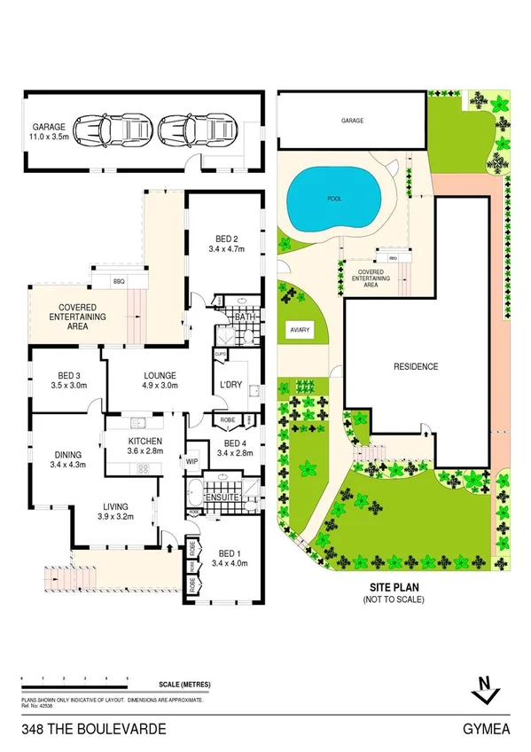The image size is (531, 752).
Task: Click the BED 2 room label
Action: pyautogui.click(x=227, y=238)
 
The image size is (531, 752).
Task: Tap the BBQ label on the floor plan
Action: pyautogui.click(x=118, y=281)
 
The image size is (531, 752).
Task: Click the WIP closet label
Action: pyautogui.click(x=191, y=461)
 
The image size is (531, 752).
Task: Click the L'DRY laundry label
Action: pyautogui.click(x=231, y=384)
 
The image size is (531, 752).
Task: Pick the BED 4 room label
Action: pyautogui.click(x=233, y=443)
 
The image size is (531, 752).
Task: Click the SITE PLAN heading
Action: pyautogui.click(x=394, y=588)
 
